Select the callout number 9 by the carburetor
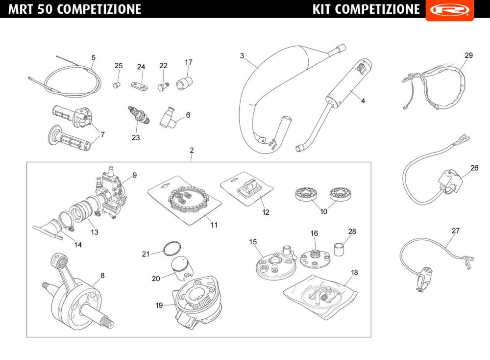tap(134, 175)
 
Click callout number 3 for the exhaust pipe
tap(242, 56)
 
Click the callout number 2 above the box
tap(192, 150)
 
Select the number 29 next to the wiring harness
tap(469, 55)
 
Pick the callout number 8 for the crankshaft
tap(102, 276)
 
